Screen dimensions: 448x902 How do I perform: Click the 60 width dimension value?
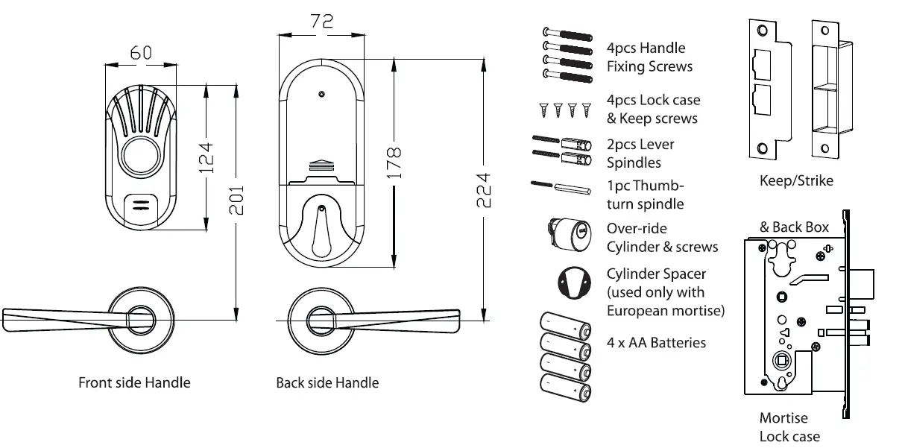pos(141,52)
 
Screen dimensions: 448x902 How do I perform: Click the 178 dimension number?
pos(395,162)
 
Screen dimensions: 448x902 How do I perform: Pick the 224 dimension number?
pos(484,192)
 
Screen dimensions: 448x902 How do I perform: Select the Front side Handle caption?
pos(134,383)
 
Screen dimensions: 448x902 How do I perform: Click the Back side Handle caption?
pos(327,383)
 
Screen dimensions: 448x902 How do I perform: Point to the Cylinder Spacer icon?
pos(573,283)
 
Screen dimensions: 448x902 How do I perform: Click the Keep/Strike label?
pos(795,181)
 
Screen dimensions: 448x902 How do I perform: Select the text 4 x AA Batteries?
pos(656,343)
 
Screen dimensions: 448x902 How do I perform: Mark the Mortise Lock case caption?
pos(789,428)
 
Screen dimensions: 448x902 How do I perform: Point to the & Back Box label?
pos(794,227)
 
